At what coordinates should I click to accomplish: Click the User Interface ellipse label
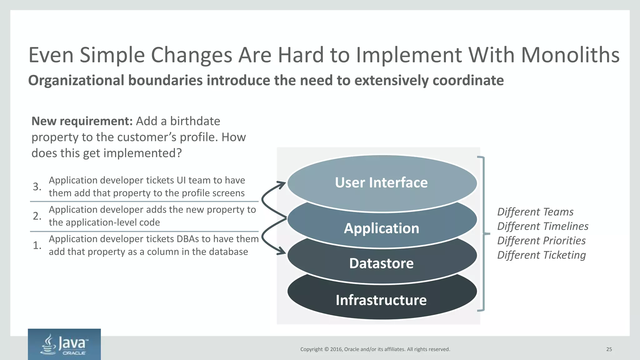point(381,182)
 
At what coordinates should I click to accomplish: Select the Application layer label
point(381,228)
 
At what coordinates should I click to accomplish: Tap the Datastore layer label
point(381,263)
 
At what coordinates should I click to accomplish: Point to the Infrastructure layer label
point(381,300)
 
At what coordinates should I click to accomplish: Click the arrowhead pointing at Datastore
point(282,251)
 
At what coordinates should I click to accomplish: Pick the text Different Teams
point(535,212)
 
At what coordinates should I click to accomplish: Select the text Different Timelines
point(542,226)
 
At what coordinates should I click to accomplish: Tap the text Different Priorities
point(541,241)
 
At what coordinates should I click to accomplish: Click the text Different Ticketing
point(541,255)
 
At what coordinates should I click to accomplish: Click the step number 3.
point(37,187)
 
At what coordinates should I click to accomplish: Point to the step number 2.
point(37,216)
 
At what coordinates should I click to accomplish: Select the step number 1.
point(37,245)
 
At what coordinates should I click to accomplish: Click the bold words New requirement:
point(82,121)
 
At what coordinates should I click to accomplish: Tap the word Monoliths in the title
point(570,55)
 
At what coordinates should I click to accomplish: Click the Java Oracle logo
point(64,344)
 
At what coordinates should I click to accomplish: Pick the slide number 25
point(609,349)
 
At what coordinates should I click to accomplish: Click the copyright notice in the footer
point(375,349)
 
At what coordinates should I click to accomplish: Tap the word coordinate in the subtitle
point(468,81)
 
